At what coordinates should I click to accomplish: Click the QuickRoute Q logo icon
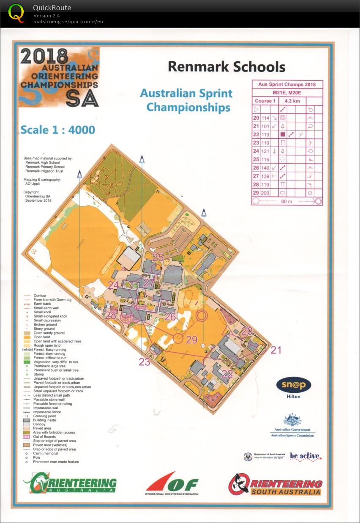click(16, 13)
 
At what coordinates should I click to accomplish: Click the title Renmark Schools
click(226, 67)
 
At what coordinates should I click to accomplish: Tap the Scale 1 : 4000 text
click(57, 130)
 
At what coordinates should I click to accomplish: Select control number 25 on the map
click(158, 257)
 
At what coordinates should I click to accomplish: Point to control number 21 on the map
click(275, 350)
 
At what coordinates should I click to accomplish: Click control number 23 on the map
click(145, 361)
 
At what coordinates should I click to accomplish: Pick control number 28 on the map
click(111, 315)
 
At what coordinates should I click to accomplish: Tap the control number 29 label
click(192, 339)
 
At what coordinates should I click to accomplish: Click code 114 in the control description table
click(265, 118)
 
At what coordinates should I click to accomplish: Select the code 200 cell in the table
click(265, 193)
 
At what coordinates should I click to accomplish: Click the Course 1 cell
click(265, 101)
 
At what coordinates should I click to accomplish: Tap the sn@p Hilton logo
click(294, 387)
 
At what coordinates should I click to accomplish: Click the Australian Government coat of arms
click(292, 421)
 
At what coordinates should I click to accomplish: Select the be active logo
click(305, 456)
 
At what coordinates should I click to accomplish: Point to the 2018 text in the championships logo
click(44, 56)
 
